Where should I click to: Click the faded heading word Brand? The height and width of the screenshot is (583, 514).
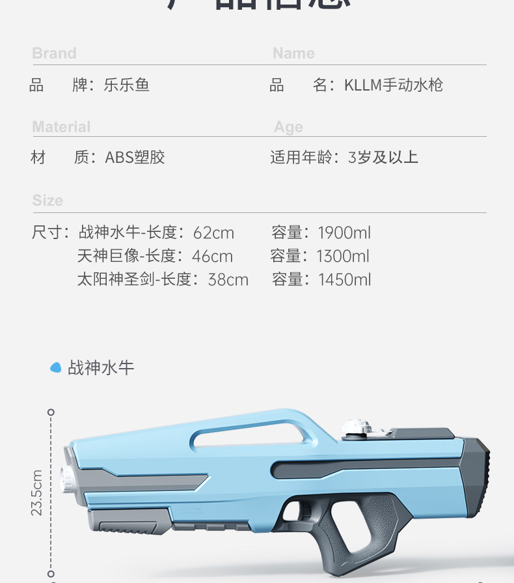click(x=54, y=53)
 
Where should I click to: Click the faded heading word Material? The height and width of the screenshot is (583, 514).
click(x=61, y=127)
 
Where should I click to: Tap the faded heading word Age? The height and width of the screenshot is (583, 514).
click(x=288, y=127)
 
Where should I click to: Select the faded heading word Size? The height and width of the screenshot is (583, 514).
click(x=47, y=201)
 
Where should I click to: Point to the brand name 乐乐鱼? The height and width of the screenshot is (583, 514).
click(x=126, y=85)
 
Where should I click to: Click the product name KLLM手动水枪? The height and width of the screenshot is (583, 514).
click(x=394, y=85)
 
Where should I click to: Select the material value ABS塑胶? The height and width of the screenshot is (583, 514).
click(x=135, y=157)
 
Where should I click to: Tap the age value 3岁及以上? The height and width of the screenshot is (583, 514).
click(x=383, y=157)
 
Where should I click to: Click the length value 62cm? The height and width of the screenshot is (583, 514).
click(x=213, y=233)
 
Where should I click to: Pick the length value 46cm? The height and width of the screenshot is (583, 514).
click(x=212, y=256)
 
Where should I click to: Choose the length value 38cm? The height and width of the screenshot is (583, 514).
click(x=228, y=279)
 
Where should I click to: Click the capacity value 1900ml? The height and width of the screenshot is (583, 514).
click(x=344, y=233)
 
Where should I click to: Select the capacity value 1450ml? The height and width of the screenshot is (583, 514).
click(x=344, y=279)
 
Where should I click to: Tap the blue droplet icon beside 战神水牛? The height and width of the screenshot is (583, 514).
click(x=56, y=367)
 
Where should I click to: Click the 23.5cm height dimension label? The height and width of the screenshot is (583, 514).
click(x=37, y=492)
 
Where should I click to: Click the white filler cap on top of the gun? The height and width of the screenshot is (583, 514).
click(x=357, y=427)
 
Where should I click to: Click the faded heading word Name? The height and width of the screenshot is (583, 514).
click(x=293, y=53)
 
